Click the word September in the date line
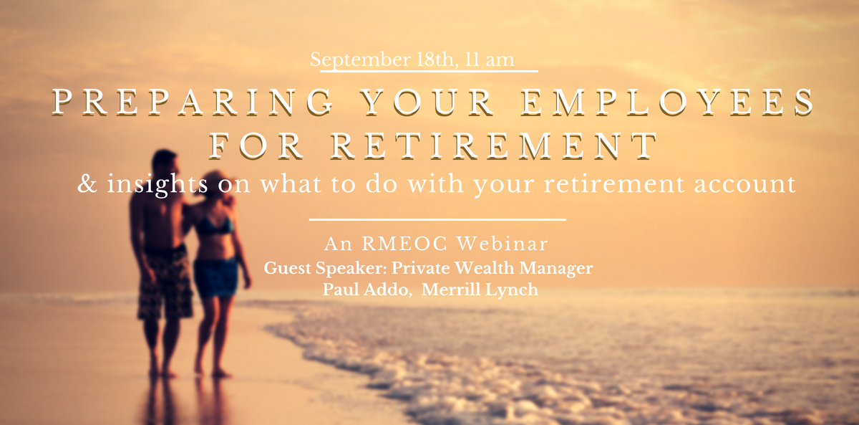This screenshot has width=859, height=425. pyautogui.click(x=361, y=61)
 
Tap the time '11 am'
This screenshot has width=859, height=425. pyautogui.click(x=489, y=60)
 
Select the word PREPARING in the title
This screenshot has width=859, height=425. pyautogui.click(x=192, y=102)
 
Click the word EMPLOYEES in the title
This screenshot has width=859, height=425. pyautogui.click(x=667, y=102)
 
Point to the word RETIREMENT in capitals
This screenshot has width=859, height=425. pyautogui.click(x=493, y=146)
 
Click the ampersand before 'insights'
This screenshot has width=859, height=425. pyautogui.click(x=87, y=183)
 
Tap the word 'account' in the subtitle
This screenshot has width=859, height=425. pyautogui.click(x=744, y=183)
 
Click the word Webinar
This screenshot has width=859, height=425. pyautogui.click(x=503, y=244)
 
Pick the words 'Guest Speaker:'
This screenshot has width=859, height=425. pyautogui.click(x=325, y=268)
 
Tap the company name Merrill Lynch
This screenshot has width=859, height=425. pyautogui.click(x=480, y=290)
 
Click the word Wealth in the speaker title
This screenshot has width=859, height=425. pyautogui.click(x=484, y=268)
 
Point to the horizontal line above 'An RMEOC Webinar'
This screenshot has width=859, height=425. pyautogui.click(x=437, y=219)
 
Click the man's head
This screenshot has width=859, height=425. pyautogui.click(x=165, y=164)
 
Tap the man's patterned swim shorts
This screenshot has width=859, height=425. pyautogui.click(x=165, y=282)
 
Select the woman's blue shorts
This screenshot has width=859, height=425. pyautogui.click(x=215, y=277)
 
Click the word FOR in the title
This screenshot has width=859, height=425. pyautogui.click(x=256, y=146)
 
